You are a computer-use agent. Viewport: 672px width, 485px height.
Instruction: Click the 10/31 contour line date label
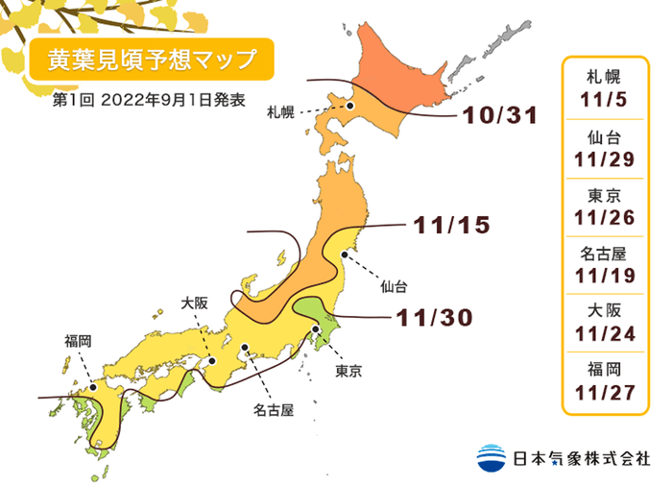(497, 115)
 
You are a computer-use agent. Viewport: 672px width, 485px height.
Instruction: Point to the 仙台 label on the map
(394, 285)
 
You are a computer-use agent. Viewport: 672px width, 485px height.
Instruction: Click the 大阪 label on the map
(195, 303)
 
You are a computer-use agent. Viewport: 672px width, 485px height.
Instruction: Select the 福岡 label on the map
(79, 340)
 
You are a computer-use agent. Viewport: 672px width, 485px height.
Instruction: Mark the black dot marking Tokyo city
(316, 331)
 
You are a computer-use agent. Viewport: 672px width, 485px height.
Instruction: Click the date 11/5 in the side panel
(602, 99)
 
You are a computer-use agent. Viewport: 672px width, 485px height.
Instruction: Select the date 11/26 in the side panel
(602, 217)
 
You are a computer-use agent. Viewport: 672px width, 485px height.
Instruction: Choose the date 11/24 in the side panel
(602, 333)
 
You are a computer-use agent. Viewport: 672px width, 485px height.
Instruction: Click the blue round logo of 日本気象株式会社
(491, 456)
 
